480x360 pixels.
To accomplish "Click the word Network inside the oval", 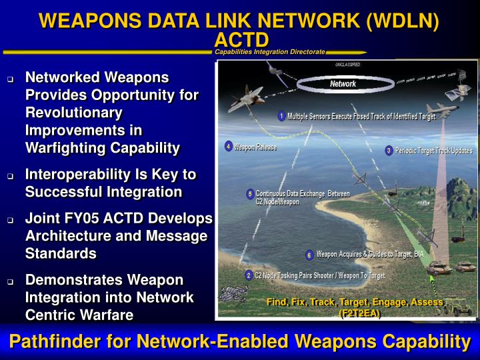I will [343, 84].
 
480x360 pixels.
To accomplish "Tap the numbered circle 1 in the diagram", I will [281, 116].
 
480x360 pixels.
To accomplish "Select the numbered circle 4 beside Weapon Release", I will [229, 146].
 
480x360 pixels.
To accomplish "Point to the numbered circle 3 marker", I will [389, 151].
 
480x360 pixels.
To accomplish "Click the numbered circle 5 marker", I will [249, 195].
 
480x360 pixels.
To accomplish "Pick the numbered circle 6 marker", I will [309, 255].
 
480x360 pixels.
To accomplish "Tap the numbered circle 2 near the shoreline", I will [248, 275].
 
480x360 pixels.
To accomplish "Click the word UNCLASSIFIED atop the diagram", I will [347, 65].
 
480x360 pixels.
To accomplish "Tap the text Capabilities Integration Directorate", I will [270, 51].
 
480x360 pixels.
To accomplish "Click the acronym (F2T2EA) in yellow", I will [360, 313].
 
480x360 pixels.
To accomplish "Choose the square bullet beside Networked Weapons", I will [11, 79].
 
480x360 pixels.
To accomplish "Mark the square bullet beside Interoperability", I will [11, 176].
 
